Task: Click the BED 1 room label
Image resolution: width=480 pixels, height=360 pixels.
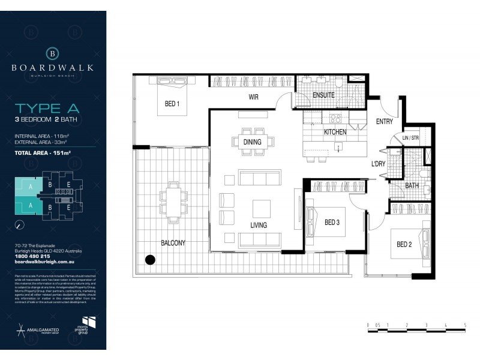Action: [x=172, y=104]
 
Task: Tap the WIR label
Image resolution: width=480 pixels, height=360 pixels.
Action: [x=253, y=97]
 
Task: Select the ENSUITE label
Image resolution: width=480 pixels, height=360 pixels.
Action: [x=323, y=94]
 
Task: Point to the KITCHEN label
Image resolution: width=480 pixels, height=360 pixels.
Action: [x=336, y=131]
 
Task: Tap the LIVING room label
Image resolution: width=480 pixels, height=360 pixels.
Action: [x=259, y=225]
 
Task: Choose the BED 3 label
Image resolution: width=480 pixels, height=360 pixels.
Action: [x=332, y=223]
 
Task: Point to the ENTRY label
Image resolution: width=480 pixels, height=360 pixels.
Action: [x=384, y=122]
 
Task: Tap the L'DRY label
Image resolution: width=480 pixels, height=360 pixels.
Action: [x=378, y=163]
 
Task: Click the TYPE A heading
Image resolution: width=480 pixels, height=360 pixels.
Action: [x=47, y=109]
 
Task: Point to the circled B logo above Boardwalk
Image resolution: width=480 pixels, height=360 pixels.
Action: [x=53, y=53]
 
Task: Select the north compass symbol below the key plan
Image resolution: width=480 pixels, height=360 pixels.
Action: [x=20, y=225]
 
